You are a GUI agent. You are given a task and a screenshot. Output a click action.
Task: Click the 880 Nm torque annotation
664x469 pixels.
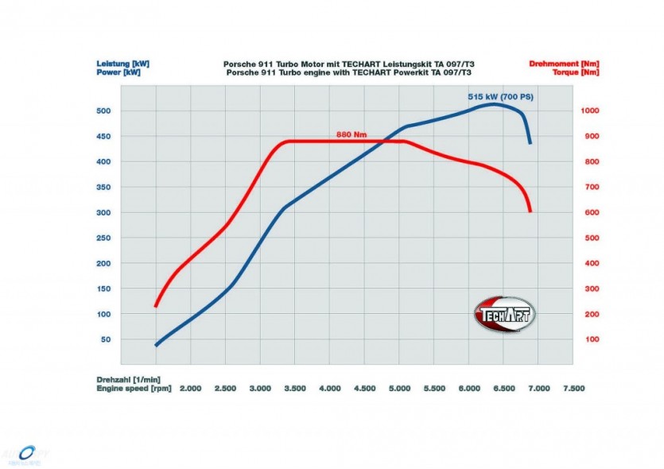353,134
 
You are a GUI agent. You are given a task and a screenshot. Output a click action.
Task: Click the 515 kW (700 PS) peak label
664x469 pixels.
500,96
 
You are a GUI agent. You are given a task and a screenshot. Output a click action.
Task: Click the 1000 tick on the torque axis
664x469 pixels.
591,110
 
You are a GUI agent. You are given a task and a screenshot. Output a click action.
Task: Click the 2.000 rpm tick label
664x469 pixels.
190,389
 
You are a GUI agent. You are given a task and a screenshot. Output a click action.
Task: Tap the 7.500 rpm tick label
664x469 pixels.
573,389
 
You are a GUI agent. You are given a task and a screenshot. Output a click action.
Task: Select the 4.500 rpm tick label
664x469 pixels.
364,389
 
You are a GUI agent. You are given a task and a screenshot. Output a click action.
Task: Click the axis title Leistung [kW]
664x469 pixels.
122,63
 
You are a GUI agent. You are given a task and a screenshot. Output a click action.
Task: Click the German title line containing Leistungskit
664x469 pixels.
351,63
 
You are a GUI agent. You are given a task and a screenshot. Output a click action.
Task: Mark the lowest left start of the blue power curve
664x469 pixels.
156,346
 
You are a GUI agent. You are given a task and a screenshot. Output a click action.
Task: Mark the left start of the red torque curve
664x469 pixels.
156,306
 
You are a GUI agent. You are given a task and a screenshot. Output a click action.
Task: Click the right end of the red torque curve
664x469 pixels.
530,211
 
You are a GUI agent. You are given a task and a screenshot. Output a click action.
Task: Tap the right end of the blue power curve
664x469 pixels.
530,143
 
